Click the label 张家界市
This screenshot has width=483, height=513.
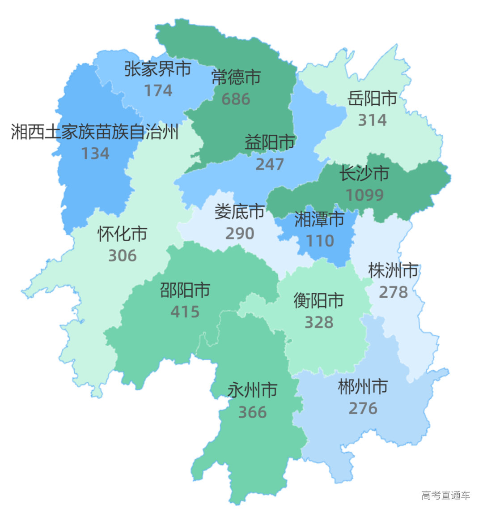[x=157, y=69]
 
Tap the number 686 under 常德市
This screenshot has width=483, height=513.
[x=236, y=99]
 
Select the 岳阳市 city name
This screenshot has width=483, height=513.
[x=372, y=98]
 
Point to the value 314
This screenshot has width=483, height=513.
[x=372, y=120]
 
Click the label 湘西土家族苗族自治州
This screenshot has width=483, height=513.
[x=95, y=132]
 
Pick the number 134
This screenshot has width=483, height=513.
[x=95, y=154]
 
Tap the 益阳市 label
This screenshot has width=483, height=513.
[x=270, y=143]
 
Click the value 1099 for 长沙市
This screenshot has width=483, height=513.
[x=364, y=195]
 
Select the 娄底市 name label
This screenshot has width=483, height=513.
[x=239, y=212]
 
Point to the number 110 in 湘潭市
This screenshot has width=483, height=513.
[x=319, y=241]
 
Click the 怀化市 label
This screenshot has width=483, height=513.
[x=123, y=234]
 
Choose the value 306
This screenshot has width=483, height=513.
[x=123, y=256]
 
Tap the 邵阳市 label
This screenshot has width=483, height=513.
[x=185, y=290]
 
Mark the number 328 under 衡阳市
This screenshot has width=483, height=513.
[x=319, y=322]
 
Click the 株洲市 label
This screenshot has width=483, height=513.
[x=393, y=270]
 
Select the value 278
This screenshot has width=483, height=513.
[x=393, y=292]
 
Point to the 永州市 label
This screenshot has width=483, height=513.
[x=252, y=390]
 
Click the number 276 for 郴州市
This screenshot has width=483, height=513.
[x=363, y=408]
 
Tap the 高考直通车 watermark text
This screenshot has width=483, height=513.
[x=445, y=495]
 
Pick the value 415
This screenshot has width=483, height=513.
[x=185, y=312]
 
